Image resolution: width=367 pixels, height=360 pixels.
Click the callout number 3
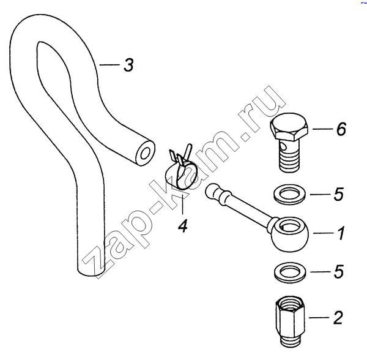click(x=128, y=65)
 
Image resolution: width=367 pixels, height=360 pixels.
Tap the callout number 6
click(x=341, y=129)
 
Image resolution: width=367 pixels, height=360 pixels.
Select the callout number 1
click(x=341, y=233)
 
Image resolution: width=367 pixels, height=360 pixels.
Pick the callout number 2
click(x=338, y=318)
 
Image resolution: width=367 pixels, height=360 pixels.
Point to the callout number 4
click(x=182, y=225)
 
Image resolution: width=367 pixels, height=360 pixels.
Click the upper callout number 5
click(x=338, y=195)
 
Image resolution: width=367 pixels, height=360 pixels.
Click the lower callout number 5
click(x=338, y=272)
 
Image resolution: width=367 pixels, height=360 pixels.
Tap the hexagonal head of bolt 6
click(x=289, y=127)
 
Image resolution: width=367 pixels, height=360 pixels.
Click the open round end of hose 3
click(x=145, y=153)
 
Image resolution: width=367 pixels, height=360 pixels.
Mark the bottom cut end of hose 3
click(x=91, y=270)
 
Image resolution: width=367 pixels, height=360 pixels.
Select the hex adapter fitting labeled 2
click(x=290, y=321)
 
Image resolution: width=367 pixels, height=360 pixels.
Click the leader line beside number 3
click(x=109, y=65)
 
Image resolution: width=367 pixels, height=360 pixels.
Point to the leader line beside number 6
click(x=322, y=129)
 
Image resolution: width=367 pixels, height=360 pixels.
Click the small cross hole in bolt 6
click(x=283, y=148)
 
